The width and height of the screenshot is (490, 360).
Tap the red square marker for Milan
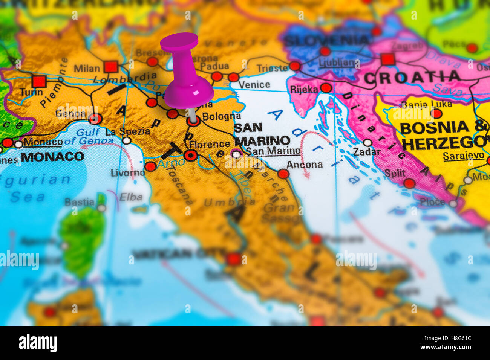111,67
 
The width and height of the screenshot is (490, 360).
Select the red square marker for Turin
39,81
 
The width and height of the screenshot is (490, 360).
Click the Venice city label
254,84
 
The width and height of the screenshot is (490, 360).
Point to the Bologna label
221,116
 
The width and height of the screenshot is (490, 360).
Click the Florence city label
210,144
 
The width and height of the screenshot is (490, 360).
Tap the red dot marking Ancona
283,174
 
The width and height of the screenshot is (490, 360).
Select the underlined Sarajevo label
463,156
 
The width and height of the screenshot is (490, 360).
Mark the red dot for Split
409,183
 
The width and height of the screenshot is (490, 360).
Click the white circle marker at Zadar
367,143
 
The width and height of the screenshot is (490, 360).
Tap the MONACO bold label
52,156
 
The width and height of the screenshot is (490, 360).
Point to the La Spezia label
127,131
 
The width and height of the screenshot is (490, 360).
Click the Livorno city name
128,173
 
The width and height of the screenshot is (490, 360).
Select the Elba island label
131,197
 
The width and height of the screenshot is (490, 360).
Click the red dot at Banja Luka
436,113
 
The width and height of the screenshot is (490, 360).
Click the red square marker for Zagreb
387,59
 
